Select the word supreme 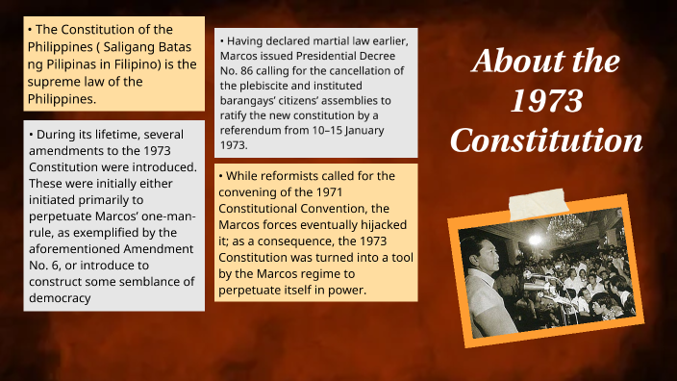tap(54, 82)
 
